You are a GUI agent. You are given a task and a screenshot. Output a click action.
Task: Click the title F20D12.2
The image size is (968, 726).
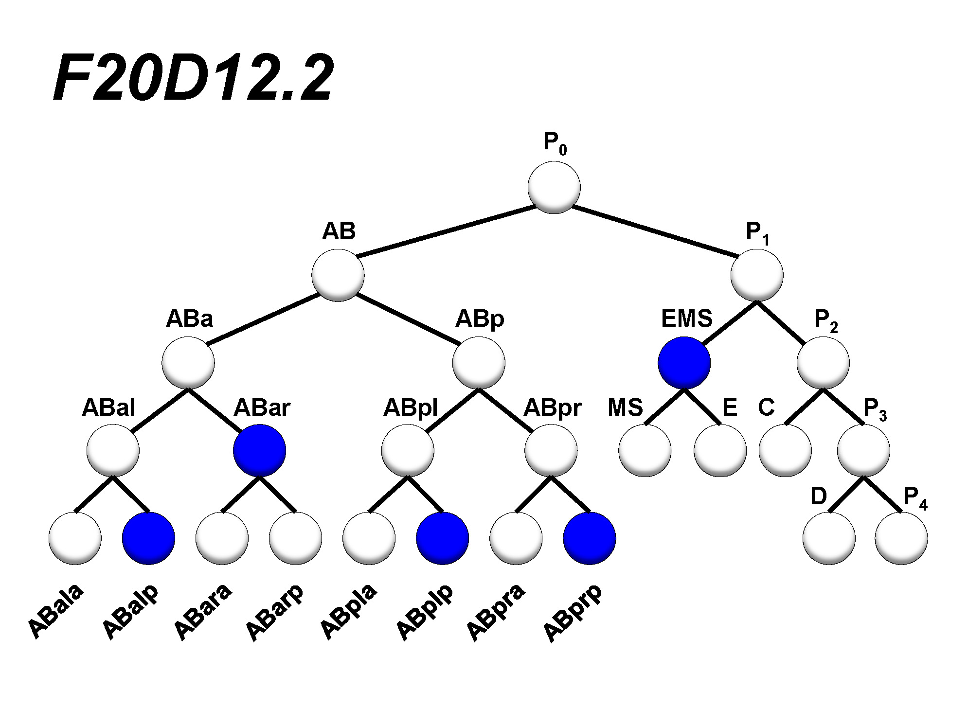[194, 78]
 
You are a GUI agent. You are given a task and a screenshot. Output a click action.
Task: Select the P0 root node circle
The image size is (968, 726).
[554, 187]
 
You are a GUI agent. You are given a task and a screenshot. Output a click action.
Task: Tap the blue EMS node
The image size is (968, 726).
[684, 363]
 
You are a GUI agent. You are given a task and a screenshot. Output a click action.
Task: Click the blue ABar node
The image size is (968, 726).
[259, 450]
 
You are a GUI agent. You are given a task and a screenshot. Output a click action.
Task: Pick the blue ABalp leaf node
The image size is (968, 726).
[148, 538]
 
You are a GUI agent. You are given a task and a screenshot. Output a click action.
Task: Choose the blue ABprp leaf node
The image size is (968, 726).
[590, 538]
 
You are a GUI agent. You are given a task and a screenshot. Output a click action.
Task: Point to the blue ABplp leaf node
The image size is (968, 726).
[443, 538]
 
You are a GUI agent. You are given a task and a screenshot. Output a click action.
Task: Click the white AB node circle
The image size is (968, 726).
[338, 275]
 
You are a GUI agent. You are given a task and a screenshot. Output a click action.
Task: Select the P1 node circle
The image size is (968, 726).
[757, 275]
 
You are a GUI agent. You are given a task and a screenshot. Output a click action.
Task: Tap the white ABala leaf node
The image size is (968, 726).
[75, 538]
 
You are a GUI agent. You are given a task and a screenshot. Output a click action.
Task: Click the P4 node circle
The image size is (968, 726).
[901, 538]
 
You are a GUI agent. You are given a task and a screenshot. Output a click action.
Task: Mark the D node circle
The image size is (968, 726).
[829, 538]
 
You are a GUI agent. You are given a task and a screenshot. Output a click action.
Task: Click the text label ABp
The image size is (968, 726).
[480, 319]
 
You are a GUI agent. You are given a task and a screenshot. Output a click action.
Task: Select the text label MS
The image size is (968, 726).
[625, 407]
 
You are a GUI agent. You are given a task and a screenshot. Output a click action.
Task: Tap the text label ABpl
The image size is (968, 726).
[411, 407]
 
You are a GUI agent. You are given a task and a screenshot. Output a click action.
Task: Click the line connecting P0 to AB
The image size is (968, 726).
[446, 231]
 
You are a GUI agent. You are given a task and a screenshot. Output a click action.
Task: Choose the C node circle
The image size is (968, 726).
[785, 450]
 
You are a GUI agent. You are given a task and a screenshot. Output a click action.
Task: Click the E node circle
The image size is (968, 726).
[720, 450]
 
